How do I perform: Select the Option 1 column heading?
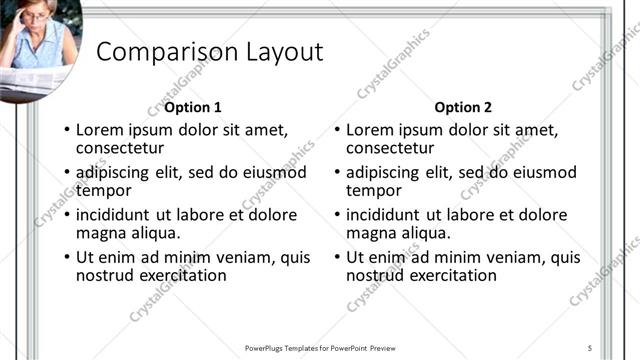(193, 107)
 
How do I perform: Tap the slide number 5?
(590, 347)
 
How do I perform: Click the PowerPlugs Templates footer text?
(320, 347)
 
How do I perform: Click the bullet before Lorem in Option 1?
(66, 131)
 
